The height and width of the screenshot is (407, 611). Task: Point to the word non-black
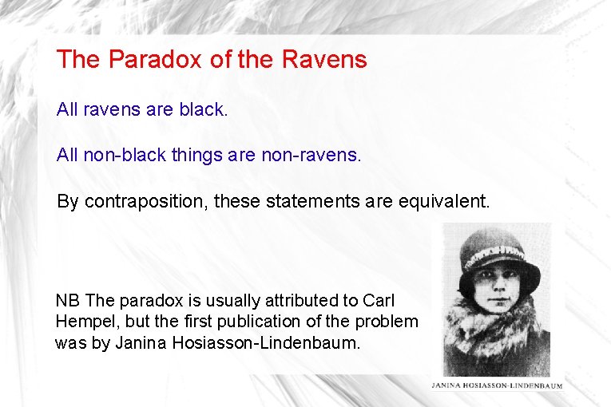122,155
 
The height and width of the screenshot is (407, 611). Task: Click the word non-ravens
311,155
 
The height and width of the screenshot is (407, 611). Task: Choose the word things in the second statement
196,155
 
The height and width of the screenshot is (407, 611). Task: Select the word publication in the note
258,322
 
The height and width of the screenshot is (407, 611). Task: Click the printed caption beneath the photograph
497,385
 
